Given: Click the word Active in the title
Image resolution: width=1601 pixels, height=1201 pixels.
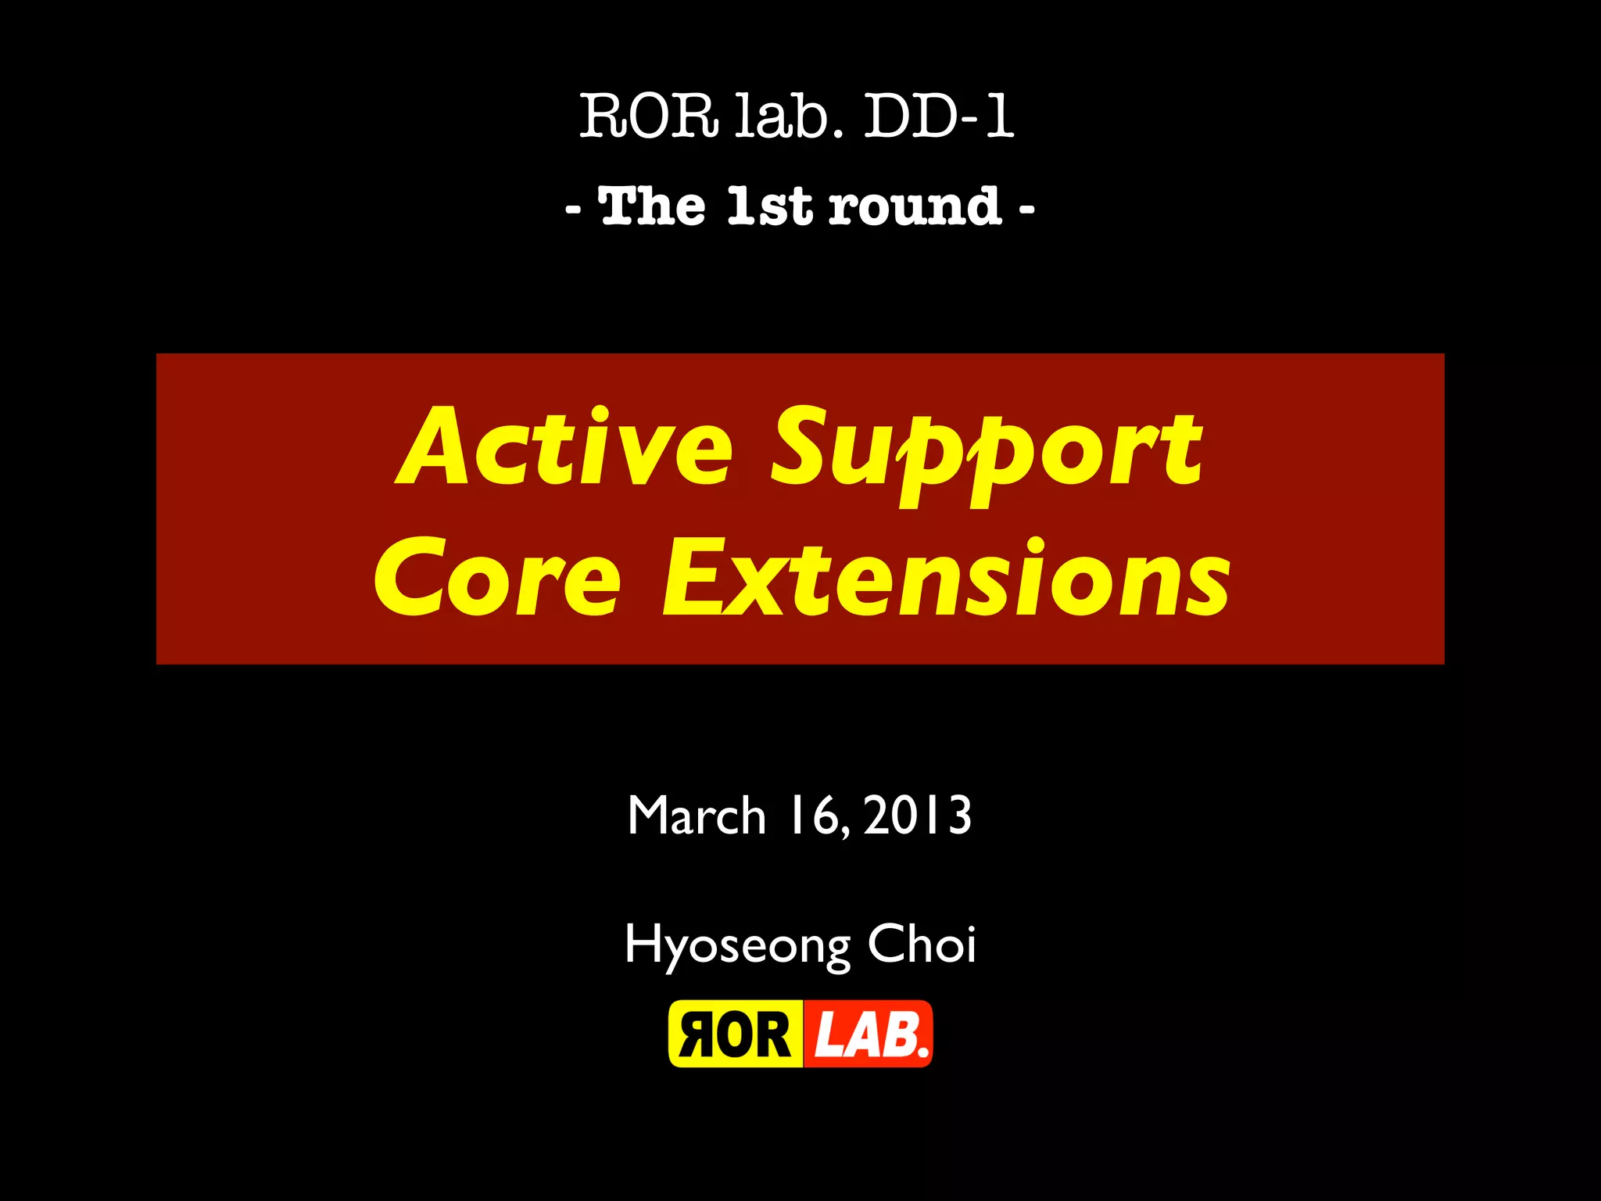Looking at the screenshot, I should click(565, 447).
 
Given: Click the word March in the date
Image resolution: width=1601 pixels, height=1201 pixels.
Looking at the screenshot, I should click(696, 816).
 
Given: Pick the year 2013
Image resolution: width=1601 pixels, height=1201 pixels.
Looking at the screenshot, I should click(918, 816).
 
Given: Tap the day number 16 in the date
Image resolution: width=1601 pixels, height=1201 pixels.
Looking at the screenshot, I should click(818, 816).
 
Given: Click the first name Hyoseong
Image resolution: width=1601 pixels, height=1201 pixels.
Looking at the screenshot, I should click(736, 945).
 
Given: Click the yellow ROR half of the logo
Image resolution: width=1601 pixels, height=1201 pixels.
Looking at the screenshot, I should click(736, 1034).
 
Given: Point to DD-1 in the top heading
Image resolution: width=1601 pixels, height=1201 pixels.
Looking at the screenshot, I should click(938, 117).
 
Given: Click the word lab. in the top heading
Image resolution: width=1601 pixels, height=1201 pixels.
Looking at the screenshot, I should click(789, 117).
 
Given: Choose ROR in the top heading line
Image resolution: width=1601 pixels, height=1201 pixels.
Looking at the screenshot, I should click(648, 117).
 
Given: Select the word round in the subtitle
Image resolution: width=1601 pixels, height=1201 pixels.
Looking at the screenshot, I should click(915, 206).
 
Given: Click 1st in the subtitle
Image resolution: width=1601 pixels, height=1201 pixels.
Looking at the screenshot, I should click(769, 206).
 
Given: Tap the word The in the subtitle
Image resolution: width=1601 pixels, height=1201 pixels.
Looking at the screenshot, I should click(652, 206).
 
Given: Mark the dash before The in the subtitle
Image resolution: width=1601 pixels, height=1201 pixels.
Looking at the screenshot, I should click(573, 210).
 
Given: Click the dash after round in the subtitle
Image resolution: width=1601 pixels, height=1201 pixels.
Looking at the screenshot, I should click(1026, 210).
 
